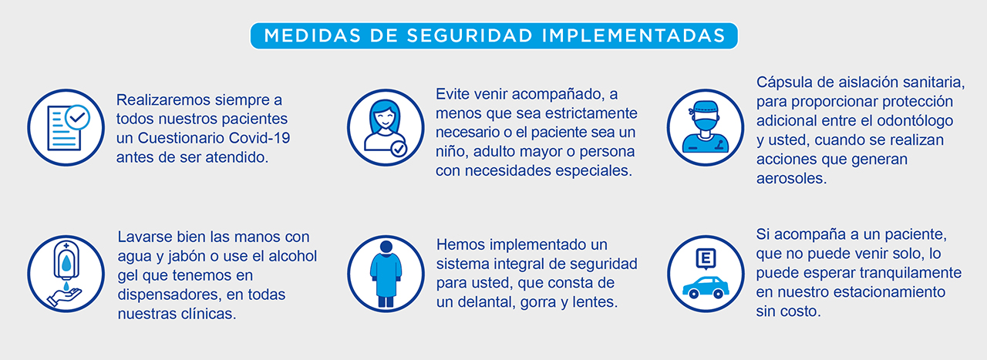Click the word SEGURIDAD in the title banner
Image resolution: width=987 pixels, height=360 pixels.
click(470, 35)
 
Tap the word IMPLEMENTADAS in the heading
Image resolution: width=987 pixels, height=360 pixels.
click(634, 35)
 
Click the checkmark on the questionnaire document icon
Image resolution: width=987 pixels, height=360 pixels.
click(78, 117)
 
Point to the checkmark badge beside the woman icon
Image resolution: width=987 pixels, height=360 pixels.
click(399, 149)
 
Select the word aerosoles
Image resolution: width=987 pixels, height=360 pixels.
click(791, 178)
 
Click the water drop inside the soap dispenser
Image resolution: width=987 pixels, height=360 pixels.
click(66, 264)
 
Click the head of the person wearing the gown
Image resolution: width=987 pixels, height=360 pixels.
click(386, 247)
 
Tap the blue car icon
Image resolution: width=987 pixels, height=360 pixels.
click(706, 288)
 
